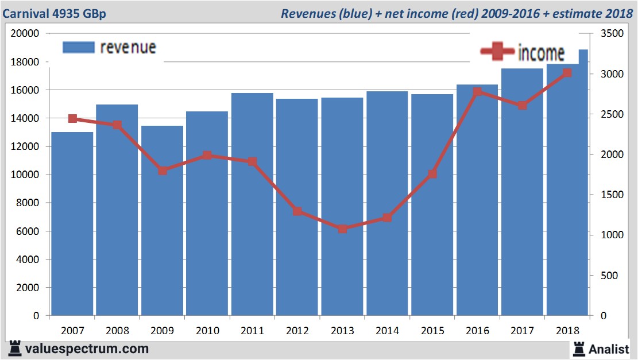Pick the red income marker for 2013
point(342,229)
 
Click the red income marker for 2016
point(477,92)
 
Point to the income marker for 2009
point(163,171)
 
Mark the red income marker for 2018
point(567,73)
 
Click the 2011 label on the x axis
point(252,331)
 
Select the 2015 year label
point(432,331)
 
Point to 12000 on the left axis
point(25,146)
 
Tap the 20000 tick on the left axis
point(25,33)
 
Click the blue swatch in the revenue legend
point(78,47)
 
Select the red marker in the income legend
point(497,52)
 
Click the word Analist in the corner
point(609,348)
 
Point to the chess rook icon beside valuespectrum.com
point(14,348)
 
